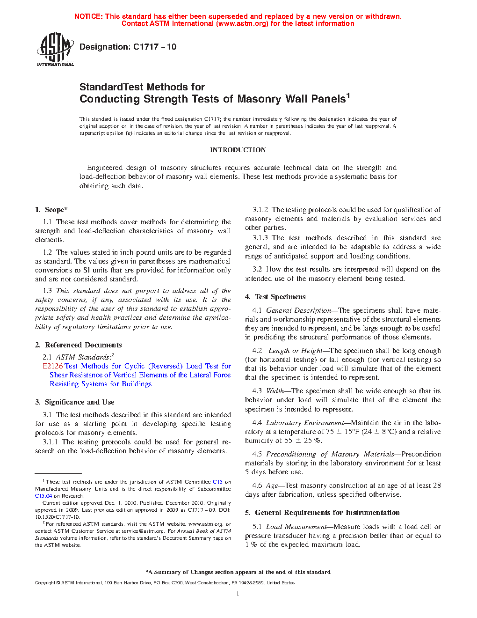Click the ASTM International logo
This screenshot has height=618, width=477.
[x=55, y=49]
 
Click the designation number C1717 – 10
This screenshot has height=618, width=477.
[x=155, y=47]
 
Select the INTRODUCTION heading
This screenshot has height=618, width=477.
[x=238, y=150]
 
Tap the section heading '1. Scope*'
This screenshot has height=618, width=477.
[x=51, y=210]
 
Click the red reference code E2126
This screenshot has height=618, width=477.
[x=52, y=366]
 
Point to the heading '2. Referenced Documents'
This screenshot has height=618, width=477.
[x=79, y=345]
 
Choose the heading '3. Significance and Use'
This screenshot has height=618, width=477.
[x=75, y=402]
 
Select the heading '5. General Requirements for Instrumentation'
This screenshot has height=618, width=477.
[x=322, y=513]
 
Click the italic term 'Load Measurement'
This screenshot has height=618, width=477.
[x=296, y=527]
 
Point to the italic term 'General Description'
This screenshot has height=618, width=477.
[x=298, y=310]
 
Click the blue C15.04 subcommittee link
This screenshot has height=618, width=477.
[x=43, y=496]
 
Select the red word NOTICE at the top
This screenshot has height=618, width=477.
[x=88, y=16]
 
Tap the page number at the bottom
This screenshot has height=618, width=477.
[x=238, y=594]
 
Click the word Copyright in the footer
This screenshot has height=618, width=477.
[x=45, y=583]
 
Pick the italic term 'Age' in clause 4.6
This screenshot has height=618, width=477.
[x=272, y=486]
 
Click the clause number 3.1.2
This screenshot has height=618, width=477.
[x=260, y=210]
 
